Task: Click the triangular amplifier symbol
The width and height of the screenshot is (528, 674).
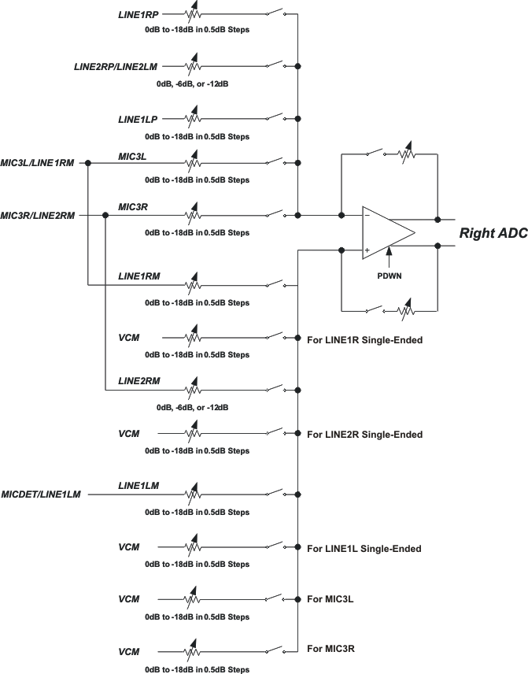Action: point(387,232)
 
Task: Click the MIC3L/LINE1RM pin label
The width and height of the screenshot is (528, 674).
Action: point(38,162)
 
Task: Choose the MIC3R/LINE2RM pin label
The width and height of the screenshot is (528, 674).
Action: point(38,215)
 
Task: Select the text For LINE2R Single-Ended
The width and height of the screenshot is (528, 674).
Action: point(364,434)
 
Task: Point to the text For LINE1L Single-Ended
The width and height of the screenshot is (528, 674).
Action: point(364,548)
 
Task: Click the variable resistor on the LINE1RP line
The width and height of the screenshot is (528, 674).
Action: point(191,13)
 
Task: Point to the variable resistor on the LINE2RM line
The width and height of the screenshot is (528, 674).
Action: point(191,389)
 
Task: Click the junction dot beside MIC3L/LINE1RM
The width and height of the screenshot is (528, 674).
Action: point(88,163)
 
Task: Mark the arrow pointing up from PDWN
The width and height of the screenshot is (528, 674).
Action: point(390,257)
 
